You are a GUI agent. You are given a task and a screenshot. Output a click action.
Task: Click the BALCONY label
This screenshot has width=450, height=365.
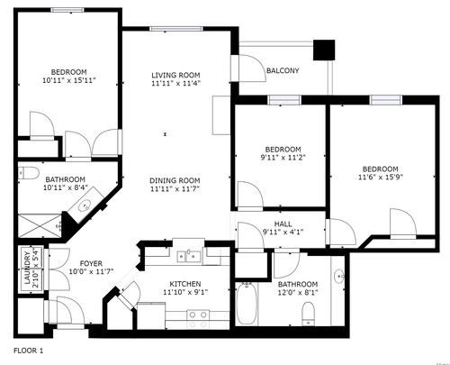point(283,70)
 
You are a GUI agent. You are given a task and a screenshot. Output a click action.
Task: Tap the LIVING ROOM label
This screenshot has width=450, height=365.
point(175,75)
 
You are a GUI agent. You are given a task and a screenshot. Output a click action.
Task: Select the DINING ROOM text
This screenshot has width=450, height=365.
point(175,180)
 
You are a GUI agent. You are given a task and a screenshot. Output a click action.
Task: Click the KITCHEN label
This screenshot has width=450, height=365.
point(185,284)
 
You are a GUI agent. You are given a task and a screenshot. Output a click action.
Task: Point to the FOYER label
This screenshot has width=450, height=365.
point(91,263)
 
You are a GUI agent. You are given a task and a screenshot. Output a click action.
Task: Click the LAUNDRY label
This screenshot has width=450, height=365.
point(27,268)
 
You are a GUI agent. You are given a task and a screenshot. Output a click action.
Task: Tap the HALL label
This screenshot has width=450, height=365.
point(283,224)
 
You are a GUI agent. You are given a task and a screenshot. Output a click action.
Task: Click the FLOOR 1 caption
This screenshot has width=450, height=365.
point(29,351)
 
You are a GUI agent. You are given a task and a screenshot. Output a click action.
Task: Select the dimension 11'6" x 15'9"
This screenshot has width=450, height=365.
point(381,177)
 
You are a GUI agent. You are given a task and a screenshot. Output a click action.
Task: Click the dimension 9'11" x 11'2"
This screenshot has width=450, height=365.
point(283,157)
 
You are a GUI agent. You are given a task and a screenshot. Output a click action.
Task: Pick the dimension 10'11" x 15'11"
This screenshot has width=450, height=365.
point(69,80)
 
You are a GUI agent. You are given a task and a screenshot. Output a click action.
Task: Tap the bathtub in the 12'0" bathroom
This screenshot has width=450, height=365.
point(247,304)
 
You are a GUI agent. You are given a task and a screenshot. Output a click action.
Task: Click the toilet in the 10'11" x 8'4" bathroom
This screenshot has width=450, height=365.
point(29,174)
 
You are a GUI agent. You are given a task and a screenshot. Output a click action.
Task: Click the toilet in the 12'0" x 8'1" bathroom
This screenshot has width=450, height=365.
point(308,315)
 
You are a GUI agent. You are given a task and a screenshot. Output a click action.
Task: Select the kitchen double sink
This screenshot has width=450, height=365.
point(189,256)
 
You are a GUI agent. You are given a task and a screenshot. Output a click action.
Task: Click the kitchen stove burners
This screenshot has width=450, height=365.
point(198,319)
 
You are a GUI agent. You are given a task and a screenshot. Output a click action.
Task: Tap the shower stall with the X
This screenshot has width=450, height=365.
point(40,225)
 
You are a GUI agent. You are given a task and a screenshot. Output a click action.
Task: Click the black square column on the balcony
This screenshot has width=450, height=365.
point(324,50)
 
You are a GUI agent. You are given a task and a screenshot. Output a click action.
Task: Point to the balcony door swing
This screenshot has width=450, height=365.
point(252,68)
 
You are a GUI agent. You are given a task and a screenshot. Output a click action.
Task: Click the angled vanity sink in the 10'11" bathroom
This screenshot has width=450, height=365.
point(85,206)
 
